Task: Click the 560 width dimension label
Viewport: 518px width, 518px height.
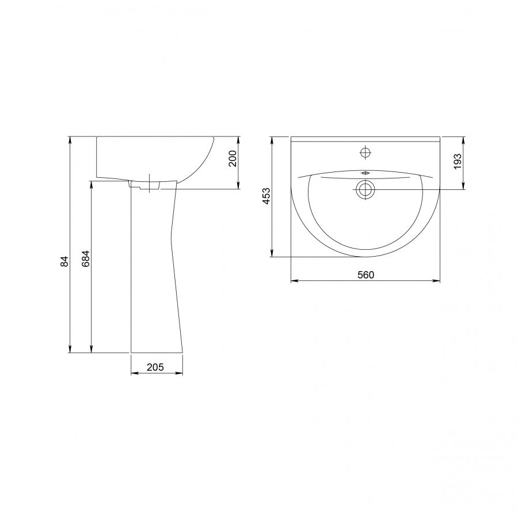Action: (x=365, y=275)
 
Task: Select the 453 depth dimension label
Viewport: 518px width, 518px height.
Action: (x=266, y=196)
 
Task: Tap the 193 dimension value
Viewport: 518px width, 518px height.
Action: (x=458, y=162)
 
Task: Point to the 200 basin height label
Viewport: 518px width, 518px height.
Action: (x=233, y=159)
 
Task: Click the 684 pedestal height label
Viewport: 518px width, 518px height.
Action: (x=85, y=259)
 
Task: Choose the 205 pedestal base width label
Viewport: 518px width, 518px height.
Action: (x=155, y=367)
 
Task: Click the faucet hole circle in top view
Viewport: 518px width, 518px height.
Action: (x=365, y=153)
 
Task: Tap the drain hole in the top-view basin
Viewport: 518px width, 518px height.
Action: (x=365, y=189)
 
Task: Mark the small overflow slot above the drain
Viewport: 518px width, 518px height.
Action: (x=365, y=173)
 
